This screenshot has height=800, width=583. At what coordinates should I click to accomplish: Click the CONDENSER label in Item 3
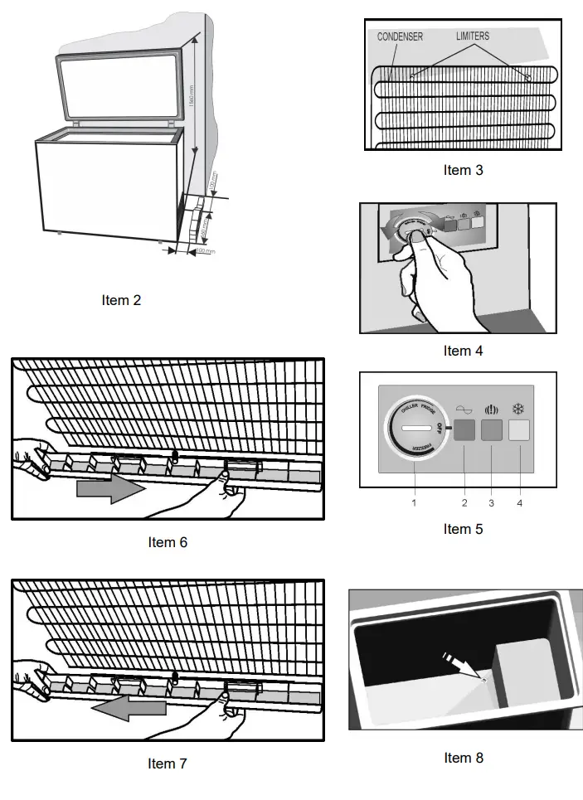click(400, 36)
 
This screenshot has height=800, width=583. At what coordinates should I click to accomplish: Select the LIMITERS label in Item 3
click(472, 36)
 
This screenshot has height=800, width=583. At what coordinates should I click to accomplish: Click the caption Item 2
click(121, 300)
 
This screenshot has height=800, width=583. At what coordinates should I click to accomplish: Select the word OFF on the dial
click(440, 427)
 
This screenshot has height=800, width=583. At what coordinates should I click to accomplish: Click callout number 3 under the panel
click(492, 502)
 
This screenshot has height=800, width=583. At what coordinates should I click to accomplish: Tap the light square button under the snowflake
click(519, 429)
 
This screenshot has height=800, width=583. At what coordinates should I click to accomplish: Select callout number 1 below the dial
click(414, 502)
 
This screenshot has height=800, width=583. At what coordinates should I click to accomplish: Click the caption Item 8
click(463, 757)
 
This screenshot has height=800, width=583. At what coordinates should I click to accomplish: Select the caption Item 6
click(168, 542)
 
